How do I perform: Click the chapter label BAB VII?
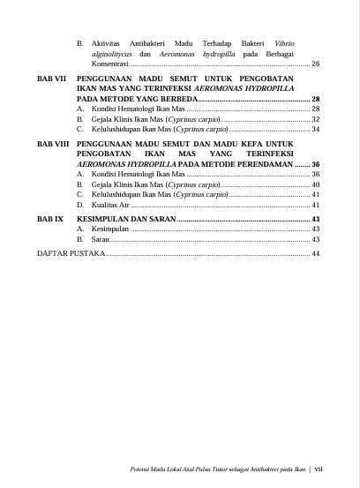52,79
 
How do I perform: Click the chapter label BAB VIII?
53,143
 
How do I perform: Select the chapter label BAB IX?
50,217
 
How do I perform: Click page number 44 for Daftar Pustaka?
315,253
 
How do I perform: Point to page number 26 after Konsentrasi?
315,64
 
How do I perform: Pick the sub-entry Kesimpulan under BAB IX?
109,229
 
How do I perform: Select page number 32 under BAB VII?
315,119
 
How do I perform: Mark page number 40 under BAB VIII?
315,185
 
